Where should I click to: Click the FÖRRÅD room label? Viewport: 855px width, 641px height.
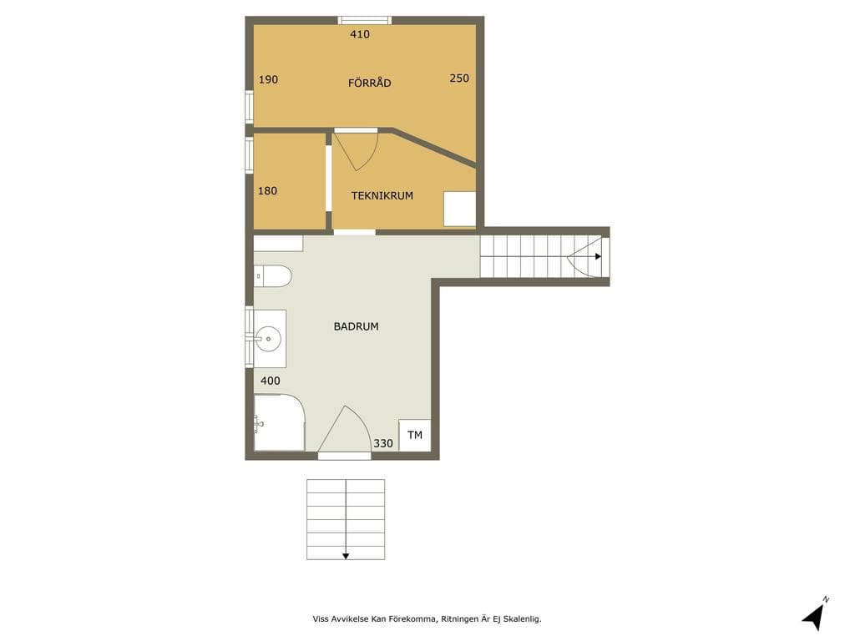coord(369,83)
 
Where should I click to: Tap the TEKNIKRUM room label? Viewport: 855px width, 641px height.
coord(382,195)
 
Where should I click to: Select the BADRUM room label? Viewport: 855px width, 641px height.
coord(356,326)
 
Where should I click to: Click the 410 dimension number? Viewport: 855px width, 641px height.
coord(360,34)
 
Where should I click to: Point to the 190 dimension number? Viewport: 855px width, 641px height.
coord(268,79)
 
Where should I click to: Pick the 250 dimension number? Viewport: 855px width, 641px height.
coord(459,78)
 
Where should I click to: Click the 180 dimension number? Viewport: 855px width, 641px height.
coord(267,191)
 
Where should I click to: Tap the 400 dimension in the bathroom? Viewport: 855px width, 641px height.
coord(270,381)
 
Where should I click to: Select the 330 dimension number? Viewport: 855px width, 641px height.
coord(382,443)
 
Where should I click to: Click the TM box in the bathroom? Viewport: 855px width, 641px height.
coord(415,435)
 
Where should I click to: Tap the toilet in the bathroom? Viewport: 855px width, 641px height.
coord(273,276)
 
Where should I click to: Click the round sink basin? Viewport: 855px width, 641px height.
coord(268,339)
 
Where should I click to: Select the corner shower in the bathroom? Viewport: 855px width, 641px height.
coord(279,423)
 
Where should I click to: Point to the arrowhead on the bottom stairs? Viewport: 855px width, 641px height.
coord(345,556)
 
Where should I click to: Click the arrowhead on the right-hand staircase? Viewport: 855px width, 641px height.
coord(598,256)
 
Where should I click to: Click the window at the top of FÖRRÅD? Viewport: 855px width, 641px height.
coord(364,21)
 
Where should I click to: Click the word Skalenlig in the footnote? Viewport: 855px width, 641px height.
coord(521,618)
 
